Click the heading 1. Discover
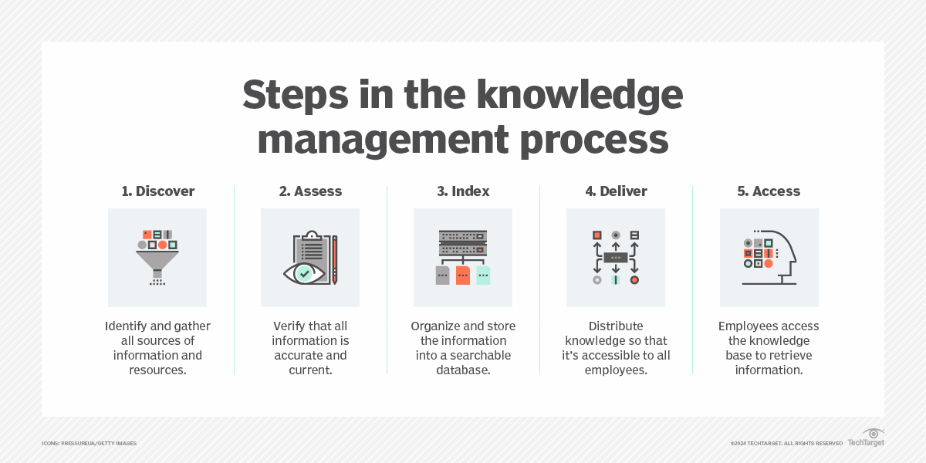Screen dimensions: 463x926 coord(157,191)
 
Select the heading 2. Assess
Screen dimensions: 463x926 coord(310,191)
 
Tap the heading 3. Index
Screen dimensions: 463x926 coord(463,191)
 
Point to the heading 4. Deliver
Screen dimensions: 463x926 coord(616,191)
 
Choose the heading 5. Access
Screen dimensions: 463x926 coord(769,191)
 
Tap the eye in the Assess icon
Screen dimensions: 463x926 coord(303,272)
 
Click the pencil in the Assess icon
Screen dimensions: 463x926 coord(335,259)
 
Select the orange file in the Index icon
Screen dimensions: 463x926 coord(463,275)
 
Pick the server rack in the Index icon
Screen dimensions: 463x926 coord(463,242)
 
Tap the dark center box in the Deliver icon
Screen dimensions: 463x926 coord(616,257)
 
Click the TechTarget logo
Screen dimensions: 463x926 coord(867,438)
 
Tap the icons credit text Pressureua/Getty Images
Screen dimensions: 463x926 coord(89,444)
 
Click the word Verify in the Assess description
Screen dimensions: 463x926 coord(290,326)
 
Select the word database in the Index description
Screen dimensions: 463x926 coord(463,370)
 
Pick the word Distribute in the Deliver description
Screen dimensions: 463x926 coord(616,326)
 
